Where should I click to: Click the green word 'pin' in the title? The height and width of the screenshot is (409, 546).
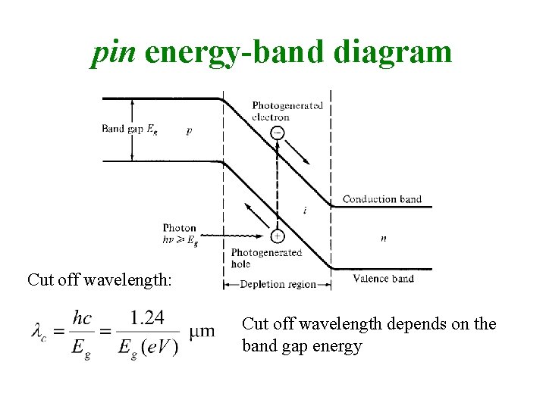(x=113, y=52)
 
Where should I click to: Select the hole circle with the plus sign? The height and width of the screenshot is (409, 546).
(x=278, y=236)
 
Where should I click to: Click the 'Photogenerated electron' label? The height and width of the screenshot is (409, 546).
(x=287, y=111)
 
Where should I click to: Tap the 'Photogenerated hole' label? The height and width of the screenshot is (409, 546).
(x=266, y=258)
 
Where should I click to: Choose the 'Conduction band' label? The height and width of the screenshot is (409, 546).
(x=381, y=199)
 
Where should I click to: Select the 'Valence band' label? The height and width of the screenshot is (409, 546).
(x=383, y=279)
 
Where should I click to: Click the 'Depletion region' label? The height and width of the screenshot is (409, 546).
(x=278, y=284)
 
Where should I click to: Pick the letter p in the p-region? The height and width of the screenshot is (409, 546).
(x=189, y=130)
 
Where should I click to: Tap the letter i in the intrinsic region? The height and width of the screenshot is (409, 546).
(x=305, y=211)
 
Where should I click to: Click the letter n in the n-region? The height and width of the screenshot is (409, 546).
(x=383, y=238)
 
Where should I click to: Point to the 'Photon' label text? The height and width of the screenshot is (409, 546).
(x=180, y=228)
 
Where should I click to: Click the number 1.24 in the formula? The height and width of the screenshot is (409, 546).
(x=147, y=317)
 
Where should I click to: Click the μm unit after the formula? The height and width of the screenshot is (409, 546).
(x=202, y=332)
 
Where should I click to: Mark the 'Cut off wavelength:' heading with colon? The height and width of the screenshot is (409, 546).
(x=100, y=279)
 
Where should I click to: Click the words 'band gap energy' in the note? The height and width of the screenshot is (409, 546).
(x=302, y=346)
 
